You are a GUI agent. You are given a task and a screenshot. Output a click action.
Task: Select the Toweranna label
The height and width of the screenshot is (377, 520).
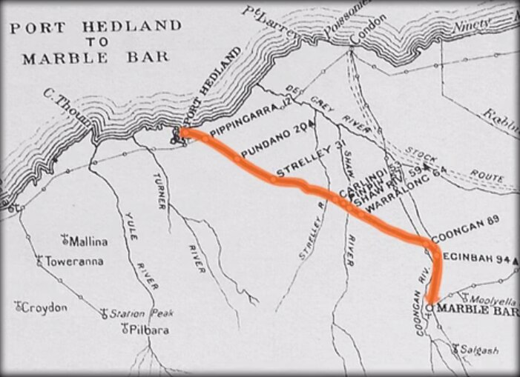click(x=75, y=261)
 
